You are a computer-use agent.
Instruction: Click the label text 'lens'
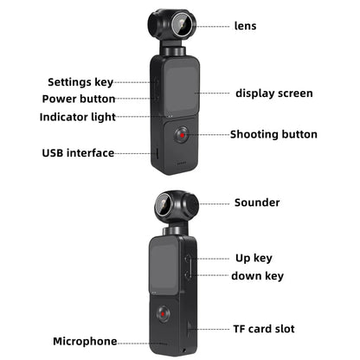[x=245, y=26]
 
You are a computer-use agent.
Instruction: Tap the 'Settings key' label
[x=80, y=82]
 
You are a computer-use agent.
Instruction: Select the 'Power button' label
[x=79, y=99]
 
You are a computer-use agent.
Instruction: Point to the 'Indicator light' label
[x=78, y=117]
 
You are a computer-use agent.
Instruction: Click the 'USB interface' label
[x=78, y=153]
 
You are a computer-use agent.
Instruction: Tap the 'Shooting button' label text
[x=273, y=134]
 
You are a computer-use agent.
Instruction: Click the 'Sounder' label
[x=257, y=202]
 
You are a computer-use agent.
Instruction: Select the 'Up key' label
[x=254, y=258]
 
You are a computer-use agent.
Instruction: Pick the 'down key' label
[x=257, y=276]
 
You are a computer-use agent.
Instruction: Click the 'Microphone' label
[x=85, y=342]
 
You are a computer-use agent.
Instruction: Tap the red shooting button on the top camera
[x=182, y=136]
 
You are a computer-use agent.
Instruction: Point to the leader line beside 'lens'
[x=212, y=26]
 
